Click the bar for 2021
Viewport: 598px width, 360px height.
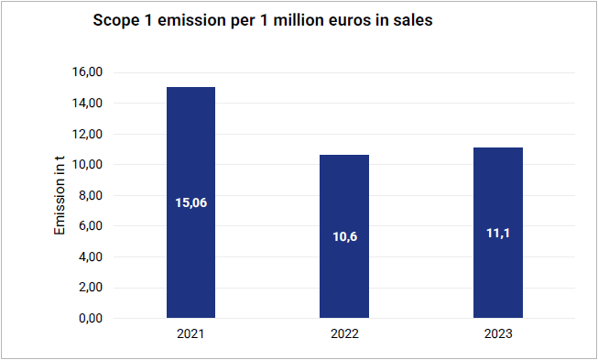tap(191, 202)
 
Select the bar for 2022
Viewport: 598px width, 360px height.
tap(344, 236)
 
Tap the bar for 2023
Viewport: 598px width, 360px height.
tap(498, 233)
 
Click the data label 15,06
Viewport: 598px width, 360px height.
tap(191, 202)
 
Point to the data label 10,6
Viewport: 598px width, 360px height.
tap(344, 237)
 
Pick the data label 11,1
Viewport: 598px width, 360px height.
tap(498, 233)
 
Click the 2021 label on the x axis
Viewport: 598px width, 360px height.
tap(190, 334)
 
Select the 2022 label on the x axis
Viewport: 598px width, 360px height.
tap(344, 334)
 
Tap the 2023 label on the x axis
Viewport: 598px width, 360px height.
tap(498, 334)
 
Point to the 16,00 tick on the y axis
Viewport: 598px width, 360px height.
tap(87, 72)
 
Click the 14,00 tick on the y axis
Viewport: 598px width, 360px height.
tap(87, 103)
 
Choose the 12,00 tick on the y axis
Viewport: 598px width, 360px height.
tap(87, 135)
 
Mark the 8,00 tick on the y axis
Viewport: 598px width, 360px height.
tap(91, 196)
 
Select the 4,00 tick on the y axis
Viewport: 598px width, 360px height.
tap(91, 257)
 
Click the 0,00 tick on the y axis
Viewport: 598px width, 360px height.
tap(91, 318)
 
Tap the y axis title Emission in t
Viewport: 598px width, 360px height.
tap(60, 196)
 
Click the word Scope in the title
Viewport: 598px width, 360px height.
tap(111, 20)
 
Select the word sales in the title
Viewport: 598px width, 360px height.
tap(414, 20)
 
